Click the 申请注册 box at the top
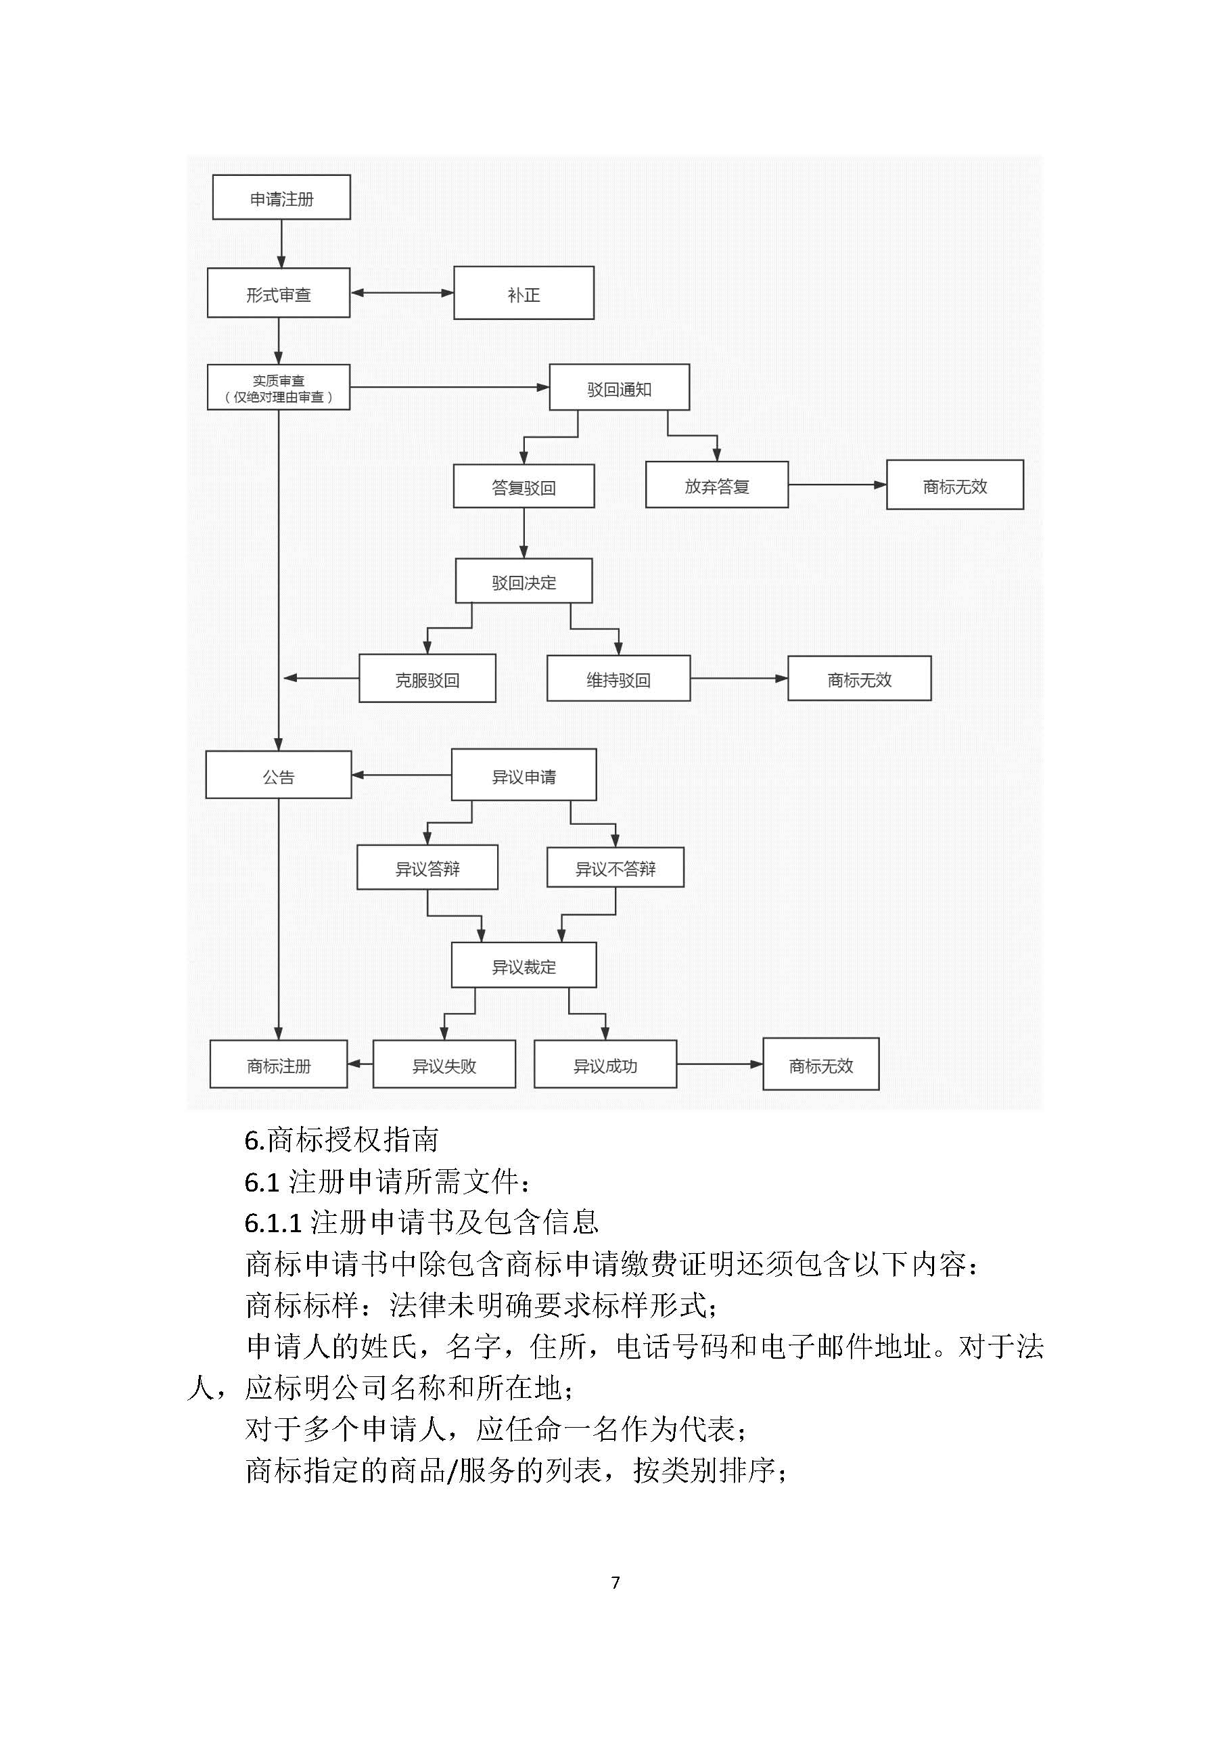click(x=281, y=198)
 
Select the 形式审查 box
click(x=278, y=294)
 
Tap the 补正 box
click(x=524, y=294)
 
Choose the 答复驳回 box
click(x=524, y=485)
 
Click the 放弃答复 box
click(x=716, y=485)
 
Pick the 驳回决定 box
click(x=524, y=582)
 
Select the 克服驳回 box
click(x=427, y=679)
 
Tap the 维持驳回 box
click(x=618, y=679)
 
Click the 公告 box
click(x=278, y=775)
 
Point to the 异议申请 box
click(x=524, y=775)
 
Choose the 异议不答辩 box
click(x=615, y=867)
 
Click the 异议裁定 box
click(x=524, y=966)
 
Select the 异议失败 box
click(x=444, y=1064)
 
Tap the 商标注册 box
click(x=278, y=1064)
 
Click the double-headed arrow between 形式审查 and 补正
click(x=402, y=293)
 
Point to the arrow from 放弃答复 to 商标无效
click(x=837, y=484)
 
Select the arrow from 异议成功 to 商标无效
click(x=720, y=1064)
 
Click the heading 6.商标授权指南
click(x=341, y=1139)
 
